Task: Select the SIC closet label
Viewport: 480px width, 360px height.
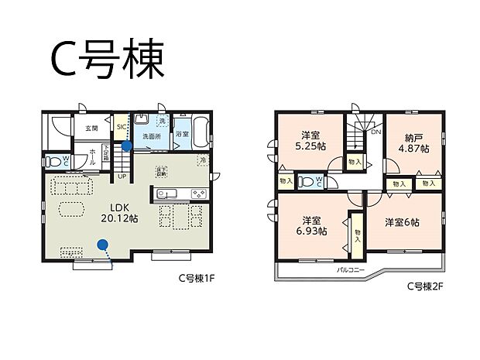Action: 122,128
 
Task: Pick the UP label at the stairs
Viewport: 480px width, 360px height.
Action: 122,177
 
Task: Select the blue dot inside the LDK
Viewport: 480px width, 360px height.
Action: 101,244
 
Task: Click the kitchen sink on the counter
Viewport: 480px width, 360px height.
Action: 173,194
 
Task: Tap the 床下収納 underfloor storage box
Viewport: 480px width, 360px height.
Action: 162,172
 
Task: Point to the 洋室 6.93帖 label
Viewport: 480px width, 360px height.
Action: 313,225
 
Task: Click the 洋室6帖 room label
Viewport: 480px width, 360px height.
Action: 403,222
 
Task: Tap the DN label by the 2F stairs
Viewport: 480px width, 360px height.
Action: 375,132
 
